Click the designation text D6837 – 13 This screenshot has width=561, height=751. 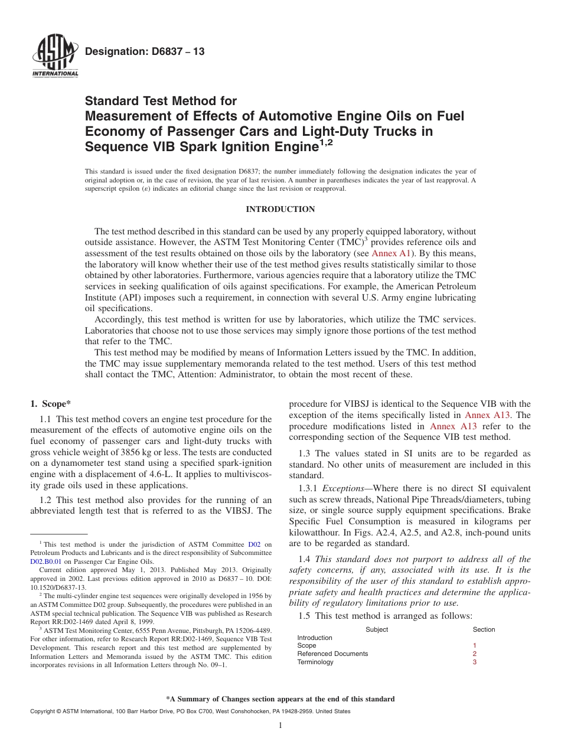pyautogui.click(x=145, y=52)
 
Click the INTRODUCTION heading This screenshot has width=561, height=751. pyautogui.click(x=280, y=210)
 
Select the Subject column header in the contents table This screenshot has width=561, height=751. pyautogui.click(x=377, y=629)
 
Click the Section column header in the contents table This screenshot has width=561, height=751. pyautogui.click(x=484, y=629)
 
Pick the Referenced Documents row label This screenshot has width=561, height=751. pyautogui.click(x=332, y=654)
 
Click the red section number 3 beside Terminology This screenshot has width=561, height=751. pyautogui.click(x=474, y=662)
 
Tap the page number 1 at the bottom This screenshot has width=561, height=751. pyautogui.click(x=280, y=726)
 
